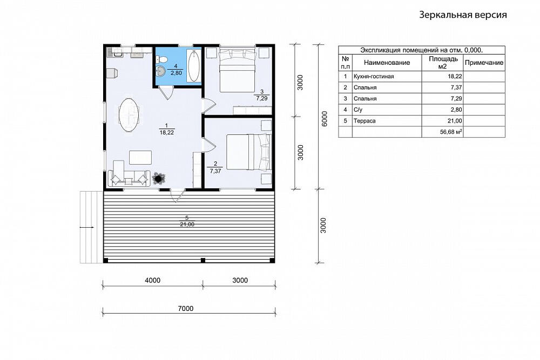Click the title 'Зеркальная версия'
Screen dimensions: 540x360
(x=463, y=15)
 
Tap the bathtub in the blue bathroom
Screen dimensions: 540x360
(x=194, y=65)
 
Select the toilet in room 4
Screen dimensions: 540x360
(x=162, y=59)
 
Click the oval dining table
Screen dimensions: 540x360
(x=129, y=114)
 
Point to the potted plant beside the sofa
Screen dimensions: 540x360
(x=159, y=178)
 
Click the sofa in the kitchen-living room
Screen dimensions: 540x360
(x=129, y=179)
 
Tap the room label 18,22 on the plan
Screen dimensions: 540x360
(x=167, y=132)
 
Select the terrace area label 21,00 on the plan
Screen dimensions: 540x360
(x=187, y=225)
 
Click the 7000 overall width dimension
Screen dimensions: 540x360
(x=186, y=309)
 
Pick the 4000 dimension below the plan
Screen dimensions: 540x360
(x=153, y=281)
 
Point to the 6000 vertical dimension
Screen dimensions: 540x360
(x=324, y=119)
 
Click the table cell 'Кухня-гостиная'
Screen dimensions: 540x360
(x=374, y=77)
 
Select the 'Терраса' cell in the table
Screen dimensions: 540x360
(x=364, y=121)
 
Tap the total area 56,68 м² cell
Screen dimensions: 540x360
(x=451, y=132)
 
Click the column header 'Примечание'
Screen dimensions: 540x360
(x=484, y=63)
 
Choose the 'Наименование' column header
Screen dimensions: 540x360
(x=387, y=63)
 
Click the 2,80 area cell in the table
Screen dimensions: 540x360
(x=455, y=110)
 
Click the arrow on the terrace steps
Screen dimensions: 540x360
(x=87, y=227)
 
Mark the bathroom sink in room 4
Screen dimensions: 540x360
(x=161, y=71)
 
